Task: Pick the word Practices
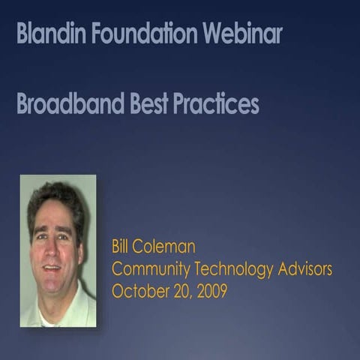(216, 104)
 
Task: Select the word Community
(146, 268)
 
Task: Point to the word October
(137, 290)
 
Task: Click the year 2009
(211, 290)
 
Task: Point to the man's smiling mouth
(52, 267)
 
